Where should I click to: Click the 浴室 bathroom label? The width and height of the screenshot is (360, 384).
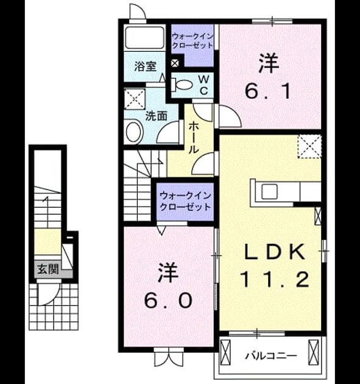tap(146, 66)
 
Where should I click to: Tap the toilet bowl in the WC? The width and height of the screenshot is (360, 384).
tap(184, 85)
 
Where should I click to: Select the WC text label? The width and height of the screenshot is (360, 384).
tap(203, 85)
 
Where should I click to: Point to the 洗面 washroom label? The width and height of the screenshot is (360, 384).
tap(157, 116)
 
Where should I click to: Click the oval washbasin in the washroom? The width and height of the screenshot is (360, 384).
tap(134, 132)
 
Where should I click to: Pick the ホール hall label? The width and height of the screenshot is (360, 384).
tap(193, 138)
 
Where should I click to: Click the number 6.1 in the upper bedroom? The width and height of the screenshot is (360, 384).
tap(268, 91)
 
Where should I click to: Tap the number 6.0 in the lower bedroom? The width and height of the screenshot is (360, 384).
tap(168, 300)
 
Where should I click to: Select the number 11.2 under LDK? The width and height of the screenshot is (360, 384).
tap(275, 279)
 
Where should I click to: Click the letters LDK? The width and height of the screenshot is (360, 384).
tap(276, 252)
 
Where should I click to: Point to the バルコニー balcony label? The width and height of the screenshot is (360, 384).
tap(271, 355)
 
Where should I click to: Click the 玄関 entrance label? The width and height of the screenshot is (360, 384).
tap(48, 269)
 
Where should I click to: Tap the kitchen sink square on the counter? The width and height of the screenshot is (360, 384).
tap(269, 191)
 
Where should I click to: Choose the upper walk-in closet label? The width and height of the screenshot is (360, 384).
tap(192, 41)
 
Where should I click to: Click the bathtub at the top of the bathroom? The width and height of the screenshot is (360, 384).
tap(144, 37)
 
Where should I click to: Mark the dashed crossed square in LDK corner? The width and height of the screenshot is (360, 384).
tap(309, 147)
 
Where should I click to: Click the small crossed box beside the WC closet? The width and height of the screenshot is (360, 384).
tap(175, 63)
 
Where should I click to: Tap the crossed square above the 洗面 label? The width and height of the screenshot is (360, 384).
tap(135, 99)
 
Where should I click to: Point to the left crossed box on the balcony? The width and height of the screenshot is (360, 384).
tap(225, 352)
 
